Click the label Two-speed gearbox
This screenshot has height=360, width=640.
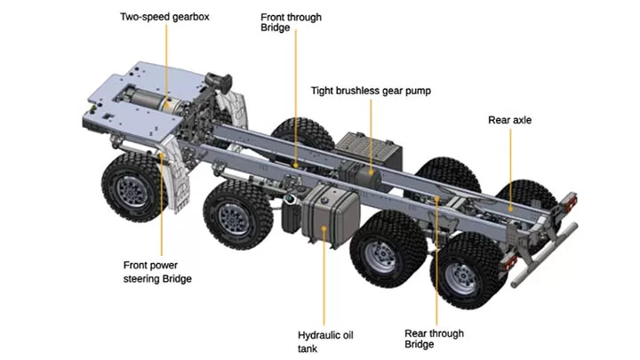point(164,17)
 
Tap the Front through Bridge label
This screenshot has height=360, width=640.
point(291,23)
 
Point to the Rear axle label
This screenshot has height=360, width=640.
point(510,120)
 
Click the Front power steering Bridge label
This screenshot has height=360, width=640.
point(157,271)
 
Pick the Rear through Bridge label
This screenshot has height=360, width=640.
point(434,340)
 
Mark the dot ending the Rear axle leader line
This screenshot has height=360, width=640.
point(509,208)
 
